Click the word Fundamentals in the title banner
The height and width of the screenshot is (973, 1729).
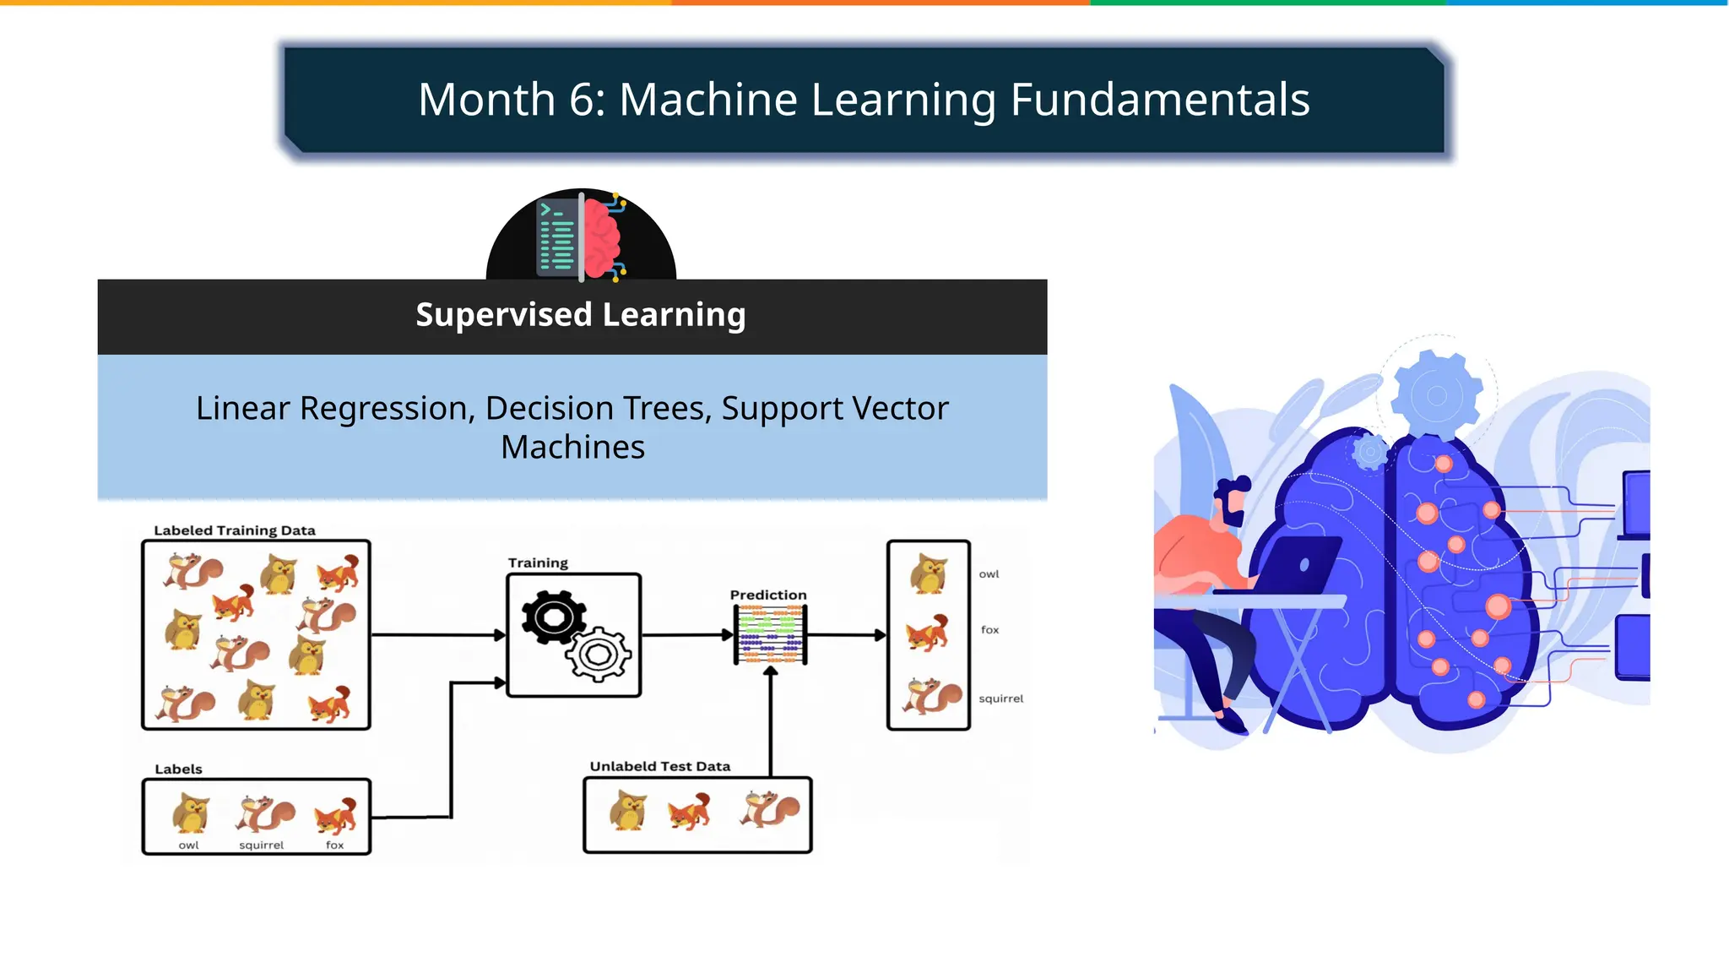[1159, 100]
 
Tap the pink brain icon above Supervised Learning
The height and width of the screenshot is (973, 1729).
[601, 236]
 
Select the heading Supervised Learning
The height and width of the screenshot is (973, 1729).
[581, 314]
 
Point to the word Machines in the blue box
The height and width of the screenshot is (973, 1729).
[572, 447]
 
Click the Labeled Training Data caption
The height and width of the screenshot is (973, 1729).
[235, 530]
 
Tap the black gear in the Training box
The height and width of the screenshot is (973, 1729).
[553, 617]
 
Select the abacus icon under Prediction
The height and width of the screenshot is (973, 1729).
[770, 635]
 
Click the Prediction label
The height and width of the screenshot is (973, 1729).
[768, 595]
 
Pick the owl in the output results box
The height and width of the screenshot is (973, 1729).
[929, 574]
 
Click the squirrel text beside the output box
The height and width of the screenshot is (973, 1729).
[1000, 698]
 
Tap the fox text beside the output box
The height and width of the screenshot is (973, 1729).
[989, 630]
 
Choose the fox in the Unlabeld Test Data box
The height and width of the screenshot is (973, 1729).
[690, 812]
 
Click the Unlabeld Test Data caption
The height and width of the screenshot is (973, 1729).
[660, 766]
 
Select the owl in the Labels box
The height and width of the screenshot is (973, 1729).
[191, 813]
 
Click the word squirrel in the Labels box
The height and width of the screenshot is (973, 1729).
[262, 845]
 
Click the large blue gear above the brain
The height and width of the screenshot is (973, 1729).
[1436, 395]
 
